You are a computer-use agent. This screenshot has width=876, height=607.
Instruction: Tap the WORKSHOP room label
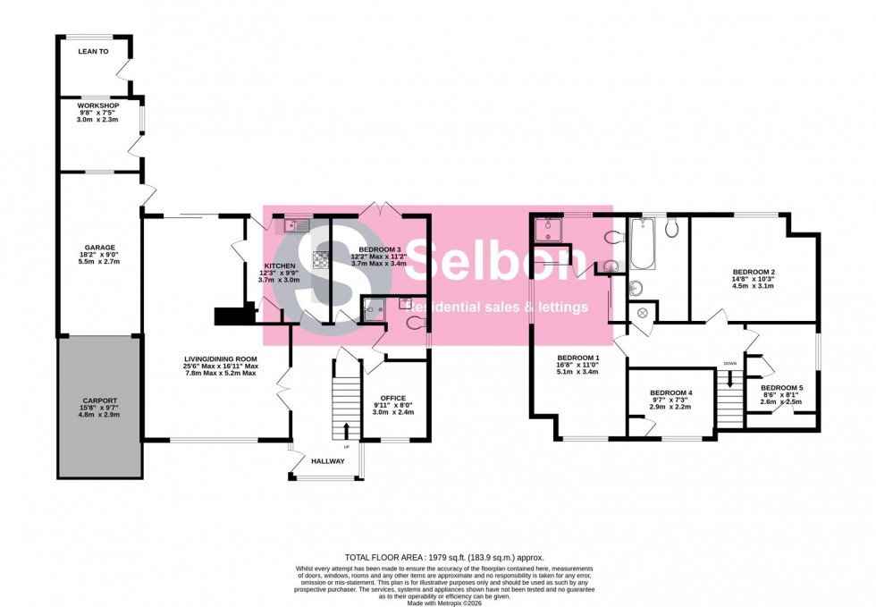point(98,105)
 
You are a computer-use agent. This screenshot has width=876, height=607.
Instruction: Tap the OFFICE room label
point(392,399)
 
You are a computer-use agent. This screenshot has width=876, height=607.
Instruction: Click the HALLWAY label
point(327,462)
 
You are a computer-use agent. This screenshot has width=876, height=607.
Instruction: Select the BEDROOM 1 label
point(577,358)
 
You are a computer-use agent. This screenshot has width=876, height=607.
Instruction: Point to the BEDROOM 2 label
point(754,272)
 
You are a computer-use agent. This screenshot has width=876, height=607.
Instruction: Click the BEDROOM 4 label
point(671,392)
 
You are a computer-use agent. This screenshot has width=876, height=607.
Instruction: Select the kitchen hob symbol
point(319,260)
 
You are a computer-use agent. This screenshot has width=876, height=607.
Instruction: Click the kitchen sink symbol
point(296,226)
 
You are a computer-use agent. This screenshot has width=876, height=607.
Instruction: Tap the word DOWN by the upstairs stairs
point(730,364)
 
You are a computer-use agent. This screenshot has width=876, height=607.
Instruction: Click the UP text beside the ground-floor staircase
point(347,447)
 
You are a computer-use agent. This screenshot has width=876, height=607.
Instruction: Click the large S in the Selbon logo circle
point(314,272)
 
